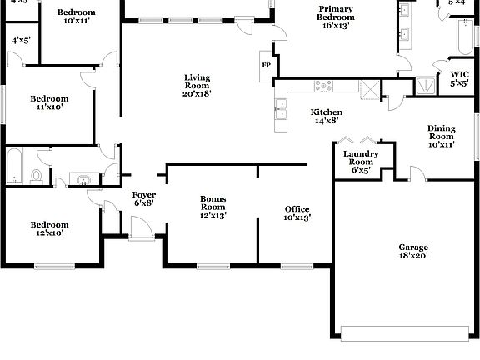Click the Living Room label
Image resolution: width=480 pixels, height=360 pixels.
197,86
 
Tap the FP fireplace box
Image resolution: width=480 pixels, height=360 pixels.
267,65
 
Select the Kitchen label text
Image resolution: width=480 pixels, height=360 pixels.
327,117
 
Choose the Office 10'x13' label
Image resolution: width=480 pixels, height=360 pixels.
297,213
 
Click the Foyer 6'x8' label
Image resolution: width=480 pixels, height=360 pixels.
143,198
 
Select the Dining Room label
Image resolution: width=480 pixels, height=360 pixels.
442,136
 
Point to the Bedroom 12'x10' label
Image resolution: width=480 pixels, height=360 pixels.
50,228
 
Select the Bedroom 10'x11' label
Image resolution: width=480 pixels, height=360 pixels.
76,17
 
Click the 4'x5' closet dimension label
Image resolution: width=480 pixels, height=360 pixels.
21,40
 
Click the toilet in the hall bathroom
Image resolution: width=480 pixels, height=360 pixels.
37,176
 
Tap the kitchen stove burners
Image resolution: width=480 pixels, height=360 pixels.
322,86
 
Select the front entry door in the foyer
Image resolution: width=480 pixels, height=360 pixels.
141,229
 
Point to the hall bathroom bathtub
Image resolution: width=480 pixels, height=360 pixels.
15,167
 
